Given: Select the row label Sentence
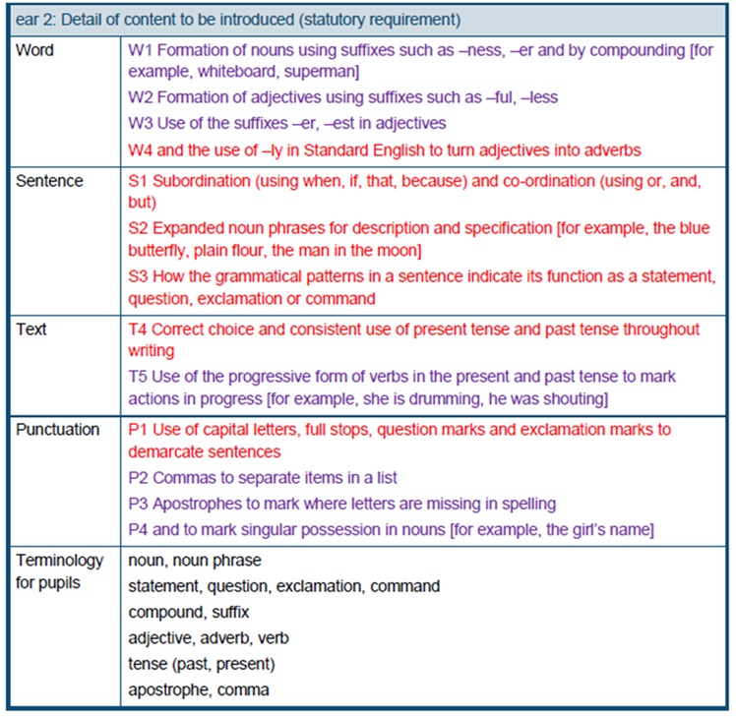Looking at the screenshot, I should tap(49, 181).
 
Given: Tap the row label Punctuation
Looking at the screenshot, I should tap(57, 430).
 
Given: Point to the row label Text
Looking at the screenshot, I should tap(31, 329).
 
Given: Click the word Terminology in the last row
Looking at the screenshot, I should tap(59, 560).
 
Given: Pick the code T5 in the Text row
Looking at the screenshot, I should tap(139, 377).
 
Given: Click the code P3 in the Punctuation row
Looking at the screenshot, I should tap(139, 504).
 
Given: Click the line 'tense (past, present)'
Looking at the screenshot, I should tap(202, 664).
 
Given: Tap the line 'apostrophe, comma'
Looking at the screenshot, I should tap(199, 690).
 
